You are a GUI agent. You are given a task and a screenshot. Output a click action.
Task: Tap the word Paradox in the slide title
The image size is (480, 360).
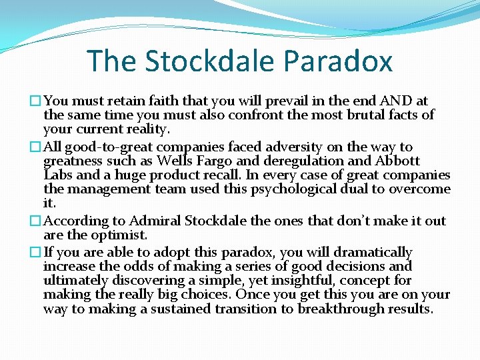pyautogui.click(x=337, y=61)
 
